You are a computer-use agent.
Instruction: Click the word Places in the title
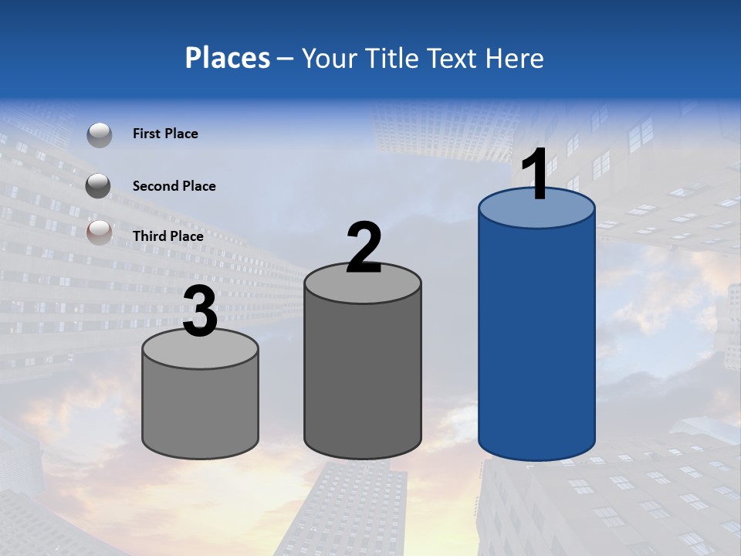click(227, 58)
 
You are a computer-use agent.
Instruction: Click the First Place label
click(165, 134)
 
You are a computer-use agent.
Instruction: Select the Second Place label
click(174, 186)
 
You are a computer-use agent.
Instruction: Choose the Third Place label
click(167, 236)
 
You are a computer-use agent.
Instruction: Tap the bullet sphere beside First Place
click(99, 134)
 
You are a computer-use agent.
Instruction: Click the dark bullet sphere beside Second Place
click(99, 185)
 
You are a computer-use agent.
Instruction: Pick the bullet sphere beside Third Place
click(99, 232)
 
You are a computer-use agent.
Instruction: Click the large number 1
click(536, 174)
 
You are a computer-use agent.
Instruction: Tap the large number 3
click(200, 313)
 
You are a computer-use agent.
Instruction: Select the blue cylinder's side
click(536, 340)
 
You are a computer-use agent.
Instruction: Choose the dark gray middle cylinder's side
click(363, 371)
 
